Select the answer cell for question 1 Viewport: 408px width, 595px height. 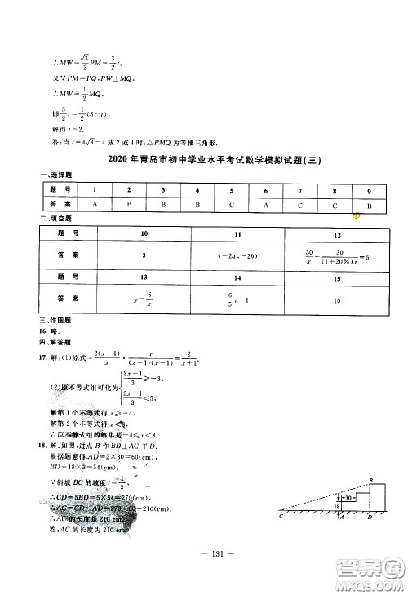95,206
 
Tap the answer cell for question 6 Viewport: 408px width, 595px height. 266,206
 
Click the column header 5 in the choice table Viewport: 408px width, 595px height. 232,189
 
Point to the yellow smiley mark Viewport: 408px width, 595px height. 357,215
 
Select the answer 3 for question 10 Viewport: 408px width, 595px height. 143,256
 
